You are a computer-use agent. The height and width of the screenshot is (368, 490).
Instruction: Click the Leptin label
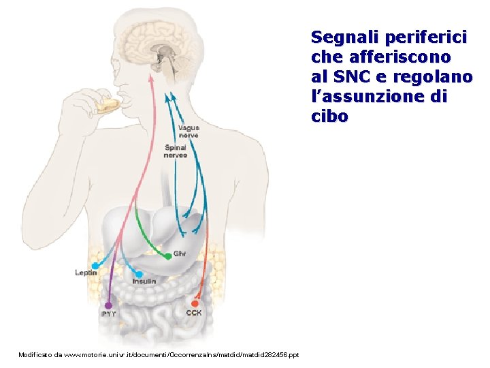[86, 273]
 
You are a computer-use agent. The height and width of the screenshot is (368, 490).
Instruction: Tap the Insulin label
[144, 281]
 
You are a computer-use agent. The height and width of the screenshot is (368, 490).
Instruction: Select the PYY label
[108, 314]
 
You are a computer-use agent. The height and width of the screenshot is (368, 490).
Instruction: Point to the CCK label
[194, 313]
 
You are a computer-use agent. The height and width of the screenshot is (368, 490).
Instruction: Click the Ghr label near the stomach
[180, 254]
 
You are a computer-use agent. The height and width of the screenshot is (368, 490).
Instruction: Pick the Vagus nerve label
[189, 132]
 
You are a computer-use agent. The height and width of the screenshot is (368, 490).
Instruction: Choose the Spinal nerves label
[175, 151]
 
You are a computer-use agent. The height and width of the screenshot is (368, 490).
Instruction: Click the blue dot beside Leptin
[95, 265]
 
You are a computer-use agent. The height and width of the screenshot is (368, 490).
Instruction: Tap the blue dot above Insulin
[139, 274]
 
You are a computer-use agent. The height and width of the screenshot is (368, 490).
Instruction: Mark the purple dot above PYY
[108, 305]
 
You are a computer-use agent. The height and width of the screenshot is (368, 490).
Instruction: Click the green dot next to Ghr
[168, 256]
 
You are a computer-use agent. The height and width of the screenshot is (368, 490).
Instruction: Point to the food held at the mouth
[108, 105]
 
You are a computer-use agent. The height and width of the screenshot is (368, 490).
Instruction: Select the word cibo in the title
[329, 117]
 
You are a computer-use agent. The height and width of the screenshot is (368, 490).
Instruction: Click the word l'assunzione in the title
[368, 97]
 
